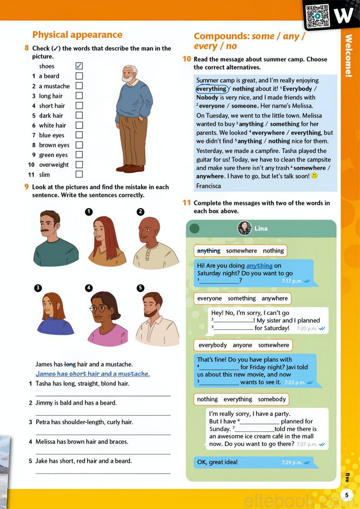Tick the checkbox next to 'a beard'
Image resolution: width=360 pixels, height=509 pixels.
[x=79, y=76]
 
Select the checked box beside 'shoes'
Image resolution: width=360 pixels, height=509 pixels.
[x=79, y=66]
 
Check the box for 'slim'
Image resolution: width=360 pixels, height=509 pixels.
[x=79, y=174]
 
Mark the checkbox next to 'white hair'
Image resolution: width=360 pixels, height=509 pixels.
[x=79, y=125]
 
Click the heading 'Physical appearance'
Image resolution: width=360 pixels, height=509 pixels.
[x=77, y=35]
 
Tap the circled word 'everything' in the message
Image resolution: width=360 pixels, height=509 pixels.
[x=212, y=89]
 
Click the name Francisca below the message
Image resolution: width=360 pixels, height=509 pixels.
[x=209, y=186]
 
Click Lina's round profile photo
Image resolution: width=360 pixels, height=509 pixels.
[x=245, y=228]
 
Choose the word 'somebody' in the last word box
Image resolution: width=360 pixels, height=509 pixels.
[x=272, y=399]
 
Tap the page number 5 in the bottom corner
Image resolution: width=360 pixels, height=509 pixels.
[x=347, y=495]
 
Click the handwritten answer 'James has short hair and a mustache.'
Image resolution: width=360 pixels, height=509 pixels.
[x=93, y=374]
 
